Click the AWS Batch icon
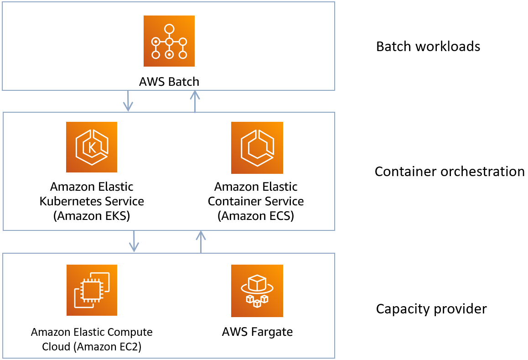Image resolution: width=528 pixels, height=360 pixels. pyautogui.click(x=169, y=41)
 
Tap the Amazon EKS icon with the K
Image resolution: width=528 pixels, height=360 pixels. pyautogui.click(x=91, y=147)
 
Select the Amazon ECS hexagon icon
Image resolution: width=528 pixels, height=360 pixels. pyautogui.click(x=257, y=147)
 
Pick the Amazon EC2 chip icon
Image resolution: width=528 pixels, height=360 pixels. pyautogui.click(x=92, y=290)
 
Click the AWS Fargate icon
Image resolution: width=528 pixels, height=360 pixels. pyautogui.click(x=257, y=291)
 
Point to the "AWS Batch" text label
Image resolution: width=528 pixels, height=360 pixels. pyautogui.click(x=169, y=82)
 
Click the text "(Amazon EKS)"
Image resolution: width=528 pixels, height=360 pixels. pyautogui.click(x=92, y=216)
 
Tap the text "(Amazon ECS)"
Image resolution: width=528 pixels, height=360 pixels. pyautogui.click(x=256, y=216)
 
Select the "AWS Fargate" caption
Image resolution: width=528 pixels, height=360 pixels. pyautogui.click(x=257, y=332)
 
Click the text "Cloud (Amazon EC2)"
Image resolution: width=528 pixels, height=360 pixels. pyautogui.click(x=92, y=347)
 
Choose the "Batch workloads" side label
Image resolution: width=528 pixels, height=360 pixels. pyautogui.click(x=428, y=47)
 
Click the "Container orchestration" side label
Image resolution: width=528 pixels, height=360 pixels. pyautogui.click(x=450, y=172)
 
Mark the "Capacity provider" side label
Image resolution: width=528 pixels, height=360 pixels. pyautogui.click(x=431, y=309)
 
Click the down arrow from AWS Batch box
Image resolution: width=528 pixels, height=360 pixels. pyautogui.click(x=128, y=101)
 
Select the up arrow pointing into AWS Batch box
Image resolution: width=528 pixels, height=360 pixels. pyautogui.click(x=195, y=101)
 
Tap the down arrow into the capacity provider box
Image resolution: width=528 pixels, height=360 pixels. pyautogui.click(x=134, y=241)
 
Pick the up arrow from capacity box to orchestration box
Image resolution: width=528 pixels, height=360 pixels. pyautogui.click(x=201, y=241)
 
